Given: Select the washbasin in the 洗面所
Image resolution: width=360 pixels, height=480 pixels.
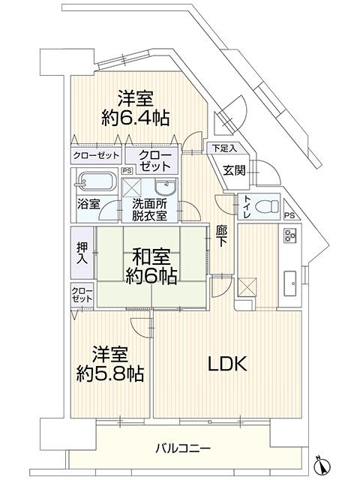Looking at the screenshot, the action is coord(165,187).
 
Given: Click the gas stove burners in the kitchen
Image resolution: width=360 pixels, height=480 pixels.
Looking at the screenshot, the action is coord(289,235).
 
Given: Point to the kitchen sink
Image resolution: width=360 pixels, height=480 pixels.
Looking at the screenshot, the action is coord(290,283).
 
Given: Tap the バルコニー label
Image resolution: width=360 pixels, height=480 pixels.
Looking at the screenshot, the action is coord(183,449).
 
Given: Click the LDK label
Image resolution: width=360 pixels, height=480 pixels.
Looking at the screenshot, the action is coord(227,364).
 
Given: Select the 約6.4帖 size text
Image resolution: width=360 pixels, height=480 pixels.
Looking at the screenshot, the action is coord(135,118).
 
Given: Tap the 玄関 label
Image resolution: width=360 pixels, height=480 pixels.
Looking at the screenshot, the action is coord(234,170).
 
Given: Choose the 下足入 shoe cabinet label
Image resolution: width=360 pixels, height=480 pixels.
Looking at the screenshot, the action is coord(225,149).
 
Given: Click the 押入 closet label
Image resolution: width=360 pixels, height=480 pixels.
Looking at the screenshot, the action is coord(82,253).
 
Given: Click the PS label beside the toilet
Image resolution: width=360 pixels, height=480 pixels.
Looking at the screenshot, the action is coord(289,215).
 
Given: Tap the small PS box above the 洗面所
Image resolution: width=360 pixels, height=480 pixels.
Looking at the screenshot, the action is coord(127,171).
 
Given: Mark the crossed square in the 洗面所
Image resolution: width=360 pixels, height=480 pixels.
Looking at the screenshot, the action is coord(132,187).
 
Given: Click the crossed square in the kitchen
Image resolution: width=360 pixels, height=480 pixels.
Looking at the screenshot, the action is coord(247,286).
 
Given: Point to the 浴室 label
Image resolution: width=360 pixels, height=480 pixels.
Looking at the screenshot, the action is coord(88,204).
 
